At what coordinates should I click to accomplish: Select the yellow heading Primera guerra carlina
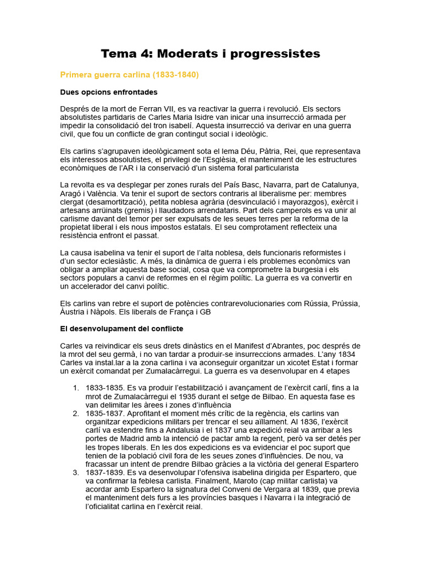click(129, 74)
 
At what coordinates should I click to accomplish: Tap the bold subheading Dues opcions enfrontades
click(109, 92)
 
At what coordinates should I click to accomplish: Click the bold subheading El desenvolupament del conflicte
click(121, 329)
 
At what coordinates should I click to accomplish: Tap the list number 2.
click(75, 412)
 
